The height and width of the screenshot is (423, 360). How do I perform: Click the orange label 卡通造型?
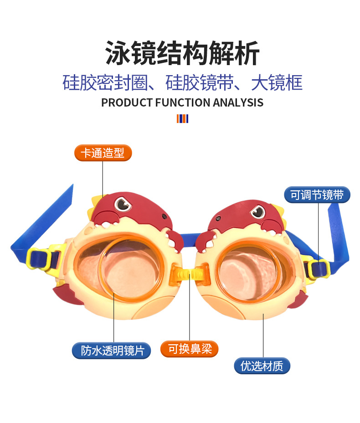(x=103, y=153)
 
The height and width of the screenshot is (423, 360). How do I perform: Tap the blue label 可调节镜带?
(x=317, y=195)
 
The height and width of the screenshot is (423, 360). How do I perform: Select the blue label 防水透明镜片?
(x=112, y=351)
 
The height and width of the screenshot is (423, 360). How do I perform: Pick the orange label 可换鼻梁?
(x=189, y=349)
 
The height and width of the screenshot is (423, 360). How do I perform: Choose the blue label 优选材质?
(x=262, y=366)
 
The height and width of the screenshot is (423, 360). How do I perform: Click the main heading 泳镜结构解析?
(x=182, y=53)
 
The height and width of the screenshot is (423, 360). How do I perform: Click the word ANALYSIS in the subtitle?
(x=238, y=103)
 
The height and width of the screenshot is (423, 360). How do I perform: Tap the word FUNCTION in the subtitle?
(x=183, y=103)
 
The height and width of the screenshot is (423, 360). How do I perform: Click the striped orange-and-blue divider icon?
(x=183, y=119)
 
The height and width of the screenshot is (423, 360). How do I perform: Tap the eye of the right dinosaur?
(x=257, y=211)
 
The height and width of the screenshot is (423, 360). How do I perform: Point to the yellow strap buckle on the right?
(x=317, y=267)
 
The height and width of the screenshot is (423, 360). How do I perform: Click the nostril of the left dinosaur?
(x=165, y=216)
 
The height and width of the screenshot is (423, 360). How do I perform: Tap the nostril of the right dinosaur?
(x=218, y=219)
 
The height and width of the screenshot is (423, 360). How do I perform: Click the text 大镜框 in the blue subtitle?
(x=277, y=83)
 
